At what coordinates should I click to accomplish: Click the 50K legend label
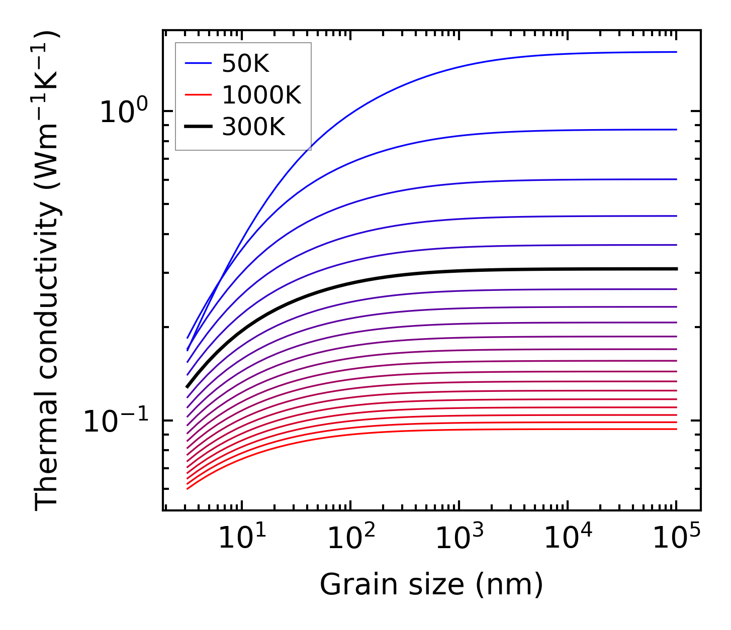click(x=245, y=63)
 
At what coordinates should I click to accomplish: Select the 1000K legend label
click(x=261, y=95)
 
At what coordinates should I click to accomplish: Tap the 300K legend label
click(x=253, y=127)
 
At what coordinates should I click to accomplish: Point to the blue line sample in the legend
click(x=199, y=63)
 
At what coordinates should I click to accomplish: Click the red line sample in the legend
click(x=199, y=95)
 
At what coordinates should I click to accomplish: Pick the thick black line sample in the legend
click(x=199, y=127)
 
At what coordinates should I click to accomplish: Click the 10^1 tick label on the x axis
click(x=242, y=538)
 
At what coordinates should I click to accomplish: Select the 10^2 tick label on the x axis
click(x=350, y=538)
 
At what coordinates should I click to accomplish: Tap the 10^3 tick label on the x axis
click(x=459, y=538)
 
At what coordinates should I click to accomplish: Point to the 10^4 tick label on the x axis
click(x=568, y=538)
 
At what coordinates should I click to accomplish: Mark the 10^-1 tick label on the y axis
click(x=116, y=421)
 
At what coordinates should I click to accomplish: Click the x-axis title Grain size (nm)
click(x=431, y=585)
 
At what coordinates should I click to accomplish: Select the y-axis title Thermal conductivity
click(x=47, y=271)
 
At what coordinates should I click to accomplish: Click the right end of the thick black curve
click(x=677, y=269)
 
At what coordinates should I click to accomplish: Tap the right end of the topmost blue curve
click(x=677, y=52)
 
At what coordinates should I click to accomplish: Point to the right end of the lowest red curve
click(x=677, y=429)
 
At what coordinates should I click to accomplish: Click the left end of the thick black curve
click(x=187, y=387)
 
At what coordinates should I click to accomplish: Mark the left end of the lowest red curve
click(x=187, y=489)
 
